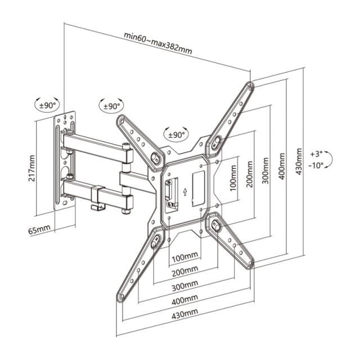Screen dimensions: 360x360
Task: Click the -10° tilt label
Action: click(x=316, y=165)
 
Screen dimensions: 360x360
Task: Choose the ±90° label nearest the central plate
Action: click(x=176, y=135)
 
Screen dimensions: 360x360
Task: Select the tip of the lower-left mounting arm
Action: click(x=121, y=298)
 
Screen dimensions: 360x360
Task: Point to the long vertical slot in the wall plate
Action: click(x=58, y=163)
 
